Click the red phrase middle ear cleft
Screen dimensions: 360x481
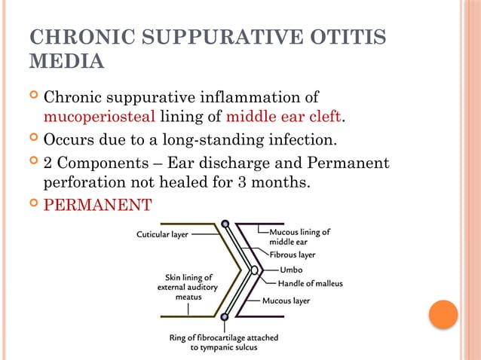284,117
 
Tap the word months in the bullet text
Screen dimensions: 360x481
279,182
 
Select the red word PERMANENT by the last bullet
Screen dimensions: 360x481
98,204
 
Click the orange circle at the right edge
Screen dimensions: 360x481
443,314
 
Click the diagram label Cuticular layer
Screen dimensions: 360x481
162,234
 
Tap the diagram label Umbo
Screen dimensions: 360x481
292,269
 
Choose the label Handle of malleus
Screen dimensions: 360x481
310,284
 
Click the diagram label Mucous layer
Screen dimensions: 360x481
286,301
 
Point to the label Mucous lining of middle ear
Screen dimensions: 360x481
299,236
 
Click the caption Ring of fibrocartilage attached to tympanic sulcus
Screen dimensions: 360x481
223,343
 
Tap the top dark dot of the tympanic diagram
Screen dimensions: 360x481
225,224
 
